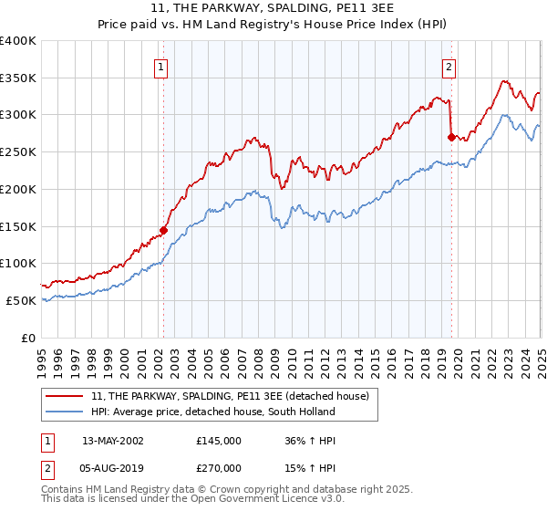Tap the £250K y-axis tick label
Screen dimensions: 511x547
click(18, 151)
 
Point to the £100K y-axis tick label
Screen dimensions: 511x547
click(18, 263)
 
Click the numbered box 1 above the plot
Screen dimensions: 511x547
click(160, 66)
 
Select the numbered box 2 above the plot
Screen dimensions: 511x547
click(449, 66)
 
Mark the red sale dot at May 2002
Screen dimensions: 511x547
click(163, 230)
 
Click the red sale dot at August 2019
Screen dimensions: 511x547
click(451, 137)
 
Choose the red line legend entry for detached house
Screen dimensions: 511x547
click(229, 396)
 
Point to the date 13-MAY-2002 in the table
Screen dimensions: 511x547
click(113, 440)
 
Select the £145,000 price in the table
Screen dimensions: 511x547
click(219, 440)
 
